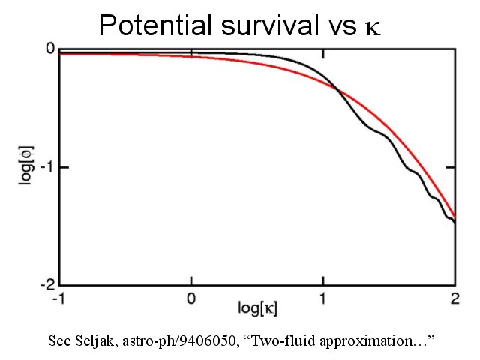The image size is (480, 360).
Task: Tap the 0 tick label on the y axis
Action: tap(50, 49)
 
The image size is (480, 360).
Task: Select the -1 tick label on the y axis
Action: tap(46, 167)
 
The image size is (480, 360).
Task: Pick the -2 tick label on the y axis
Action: tap(46, 285)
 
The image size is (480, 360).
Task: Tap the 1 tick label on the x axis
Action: tap(323, 297)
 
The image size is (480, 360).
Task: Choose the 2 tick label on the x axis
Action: tap(454, 297)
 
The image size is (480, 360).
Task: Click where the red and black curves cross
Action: tap(337, 91)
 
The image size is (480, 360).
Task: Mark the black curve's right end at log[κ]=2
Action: tap(454, 223)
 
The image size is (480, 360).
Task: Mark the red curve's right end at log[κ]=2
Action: tap(454, 215)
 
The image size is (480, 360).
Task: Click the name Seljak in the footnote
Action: tap(98, 341)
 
